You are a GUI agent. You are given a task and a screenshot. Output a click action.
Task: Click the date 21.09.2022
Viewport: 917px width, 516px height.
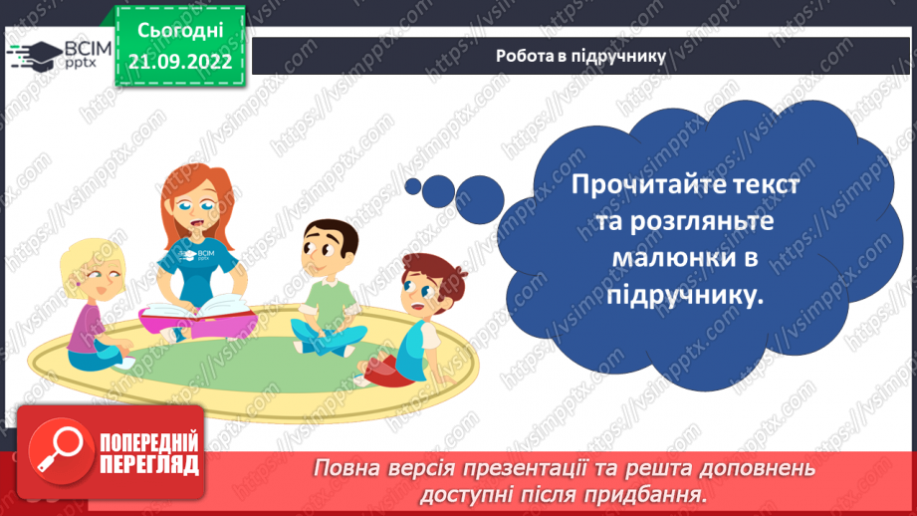tap(180, 62)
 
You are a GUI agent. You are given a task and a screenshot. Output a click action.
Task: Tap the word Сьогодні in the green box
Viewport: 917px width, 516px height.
tap(180, 32)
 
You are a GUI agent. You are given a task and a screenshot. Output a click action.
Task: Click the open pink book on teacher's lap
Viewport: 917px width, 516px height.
tap(197, 313)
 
